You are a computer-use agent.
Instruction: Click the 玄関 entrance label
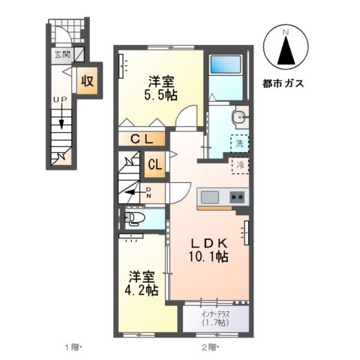(x=62, y=54)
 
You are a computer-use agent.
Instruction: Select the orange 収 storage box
(x=87, y=80)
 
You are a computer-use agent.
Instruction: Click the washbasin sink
(x=238, y=117)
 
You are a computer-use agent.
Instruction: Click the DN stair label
(x=149, y=193)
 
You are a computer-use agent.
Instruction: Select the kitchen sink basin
(x=209, y=197)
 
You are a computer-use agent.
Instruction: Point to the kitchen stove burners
(x=237, y=197)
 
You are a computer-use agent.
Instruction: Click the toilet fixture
(x=136, y=218)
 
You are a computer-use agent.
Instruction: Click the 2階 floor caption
(x=208, y=346)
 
